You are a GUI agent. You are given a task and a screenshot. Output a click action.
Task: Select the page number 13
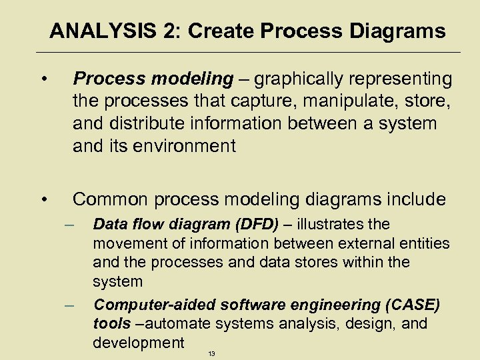211,353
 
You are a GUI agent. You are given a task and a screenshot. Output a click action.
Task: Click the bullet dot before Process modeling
43,81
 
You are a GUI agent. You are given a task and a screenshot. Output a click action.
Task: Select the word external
372,243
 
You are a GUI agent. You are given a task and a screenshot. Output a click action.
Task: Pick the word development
138,343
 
